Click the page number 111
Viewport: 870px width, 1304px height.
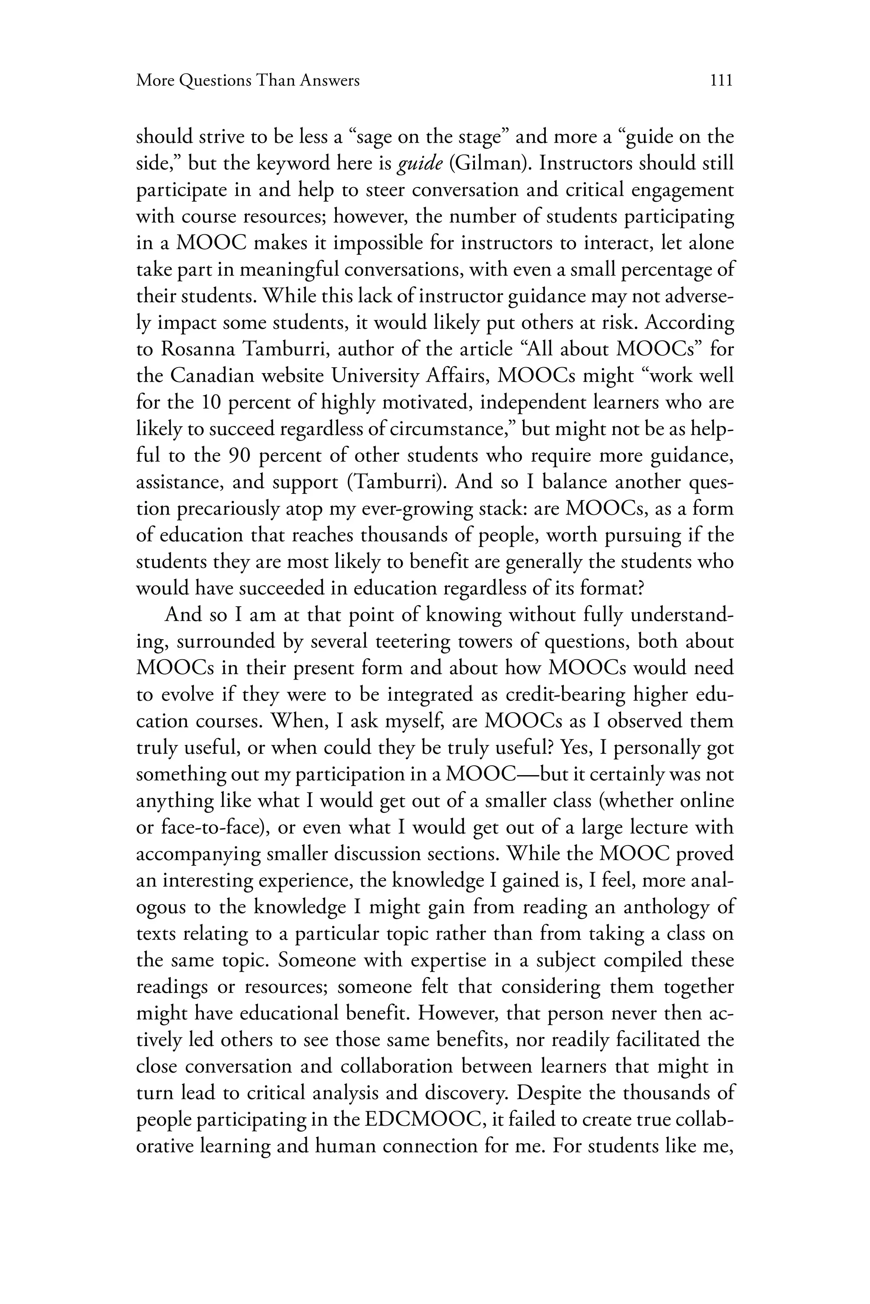[x=721, y=81]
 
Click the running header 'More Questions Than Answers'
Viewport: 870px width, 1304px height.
[x=248, y=81]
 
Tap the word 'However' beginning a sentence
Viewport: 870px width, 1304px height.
[x=460, y=1014]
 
